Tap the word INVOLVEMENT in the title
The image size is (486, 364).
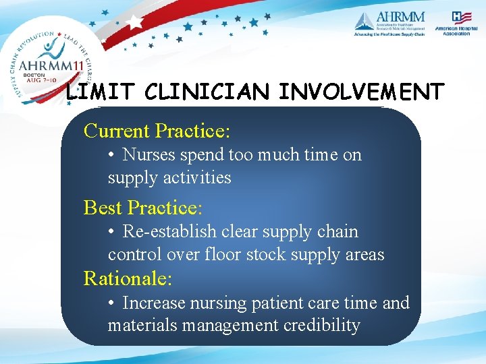pos(362,92)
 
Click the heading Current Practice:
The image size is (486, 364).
pos(157,130)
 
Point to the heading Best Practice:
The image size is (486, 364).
pos(142,207)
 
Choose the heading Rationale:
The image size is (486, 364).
pos(128,278)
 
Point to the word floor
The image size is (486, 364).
pos(222,255)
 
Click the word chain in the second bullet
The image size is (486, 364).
pos(337,232)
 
